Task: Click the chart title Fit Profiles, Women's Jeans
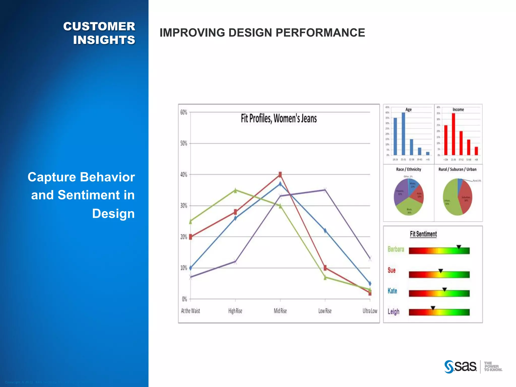[x=278, y=118]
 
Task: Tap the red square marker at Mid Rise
[x=280, y=174]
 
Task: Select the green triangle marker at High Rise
[x=235, y=190]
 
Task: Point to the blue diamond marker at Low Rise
[x=325, y=231]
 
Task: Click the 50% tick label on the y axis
[x=184, y=143]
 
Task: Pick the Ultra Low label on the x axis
[x=370, y=311]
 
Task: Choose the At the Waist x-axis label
[x=190, y=311]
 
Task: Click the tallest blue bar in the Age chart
[x=403, y=134]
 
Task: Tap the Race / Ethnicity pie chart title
[x=408, y=169]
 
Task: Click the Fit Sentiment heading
[x=423, y=234]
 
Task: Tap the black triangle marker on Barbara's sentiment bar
[x=459, y=247]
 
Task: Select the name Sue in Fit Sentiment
[x=392, y=270]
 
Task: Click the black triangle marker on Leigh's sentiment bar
[x=433, y=308]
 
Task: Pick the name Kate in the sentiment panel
[x=392, y=291]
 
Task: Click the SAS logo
[x=461, y=367]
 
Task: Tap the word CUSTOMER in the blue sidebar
[x=99, y=26]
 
